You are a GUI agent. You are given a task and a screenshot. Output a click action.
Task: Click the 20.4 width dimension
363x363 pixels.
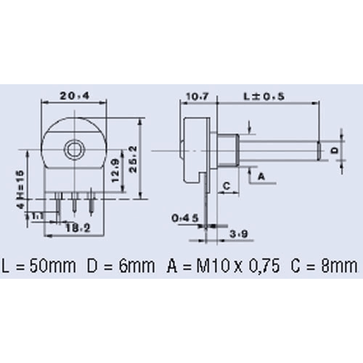click(x=74, y=94)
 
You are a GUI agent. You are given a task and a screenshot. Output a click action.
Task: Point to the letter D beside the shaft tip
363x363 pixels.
click(x=335, y=149)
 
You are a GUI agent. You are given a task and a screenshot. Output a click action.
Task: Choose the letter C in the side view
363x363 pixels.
click(x=227, y=186)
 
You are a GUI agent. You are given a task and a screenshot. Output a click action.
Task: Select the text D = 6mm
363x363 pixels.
click(x=121, y=264)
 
